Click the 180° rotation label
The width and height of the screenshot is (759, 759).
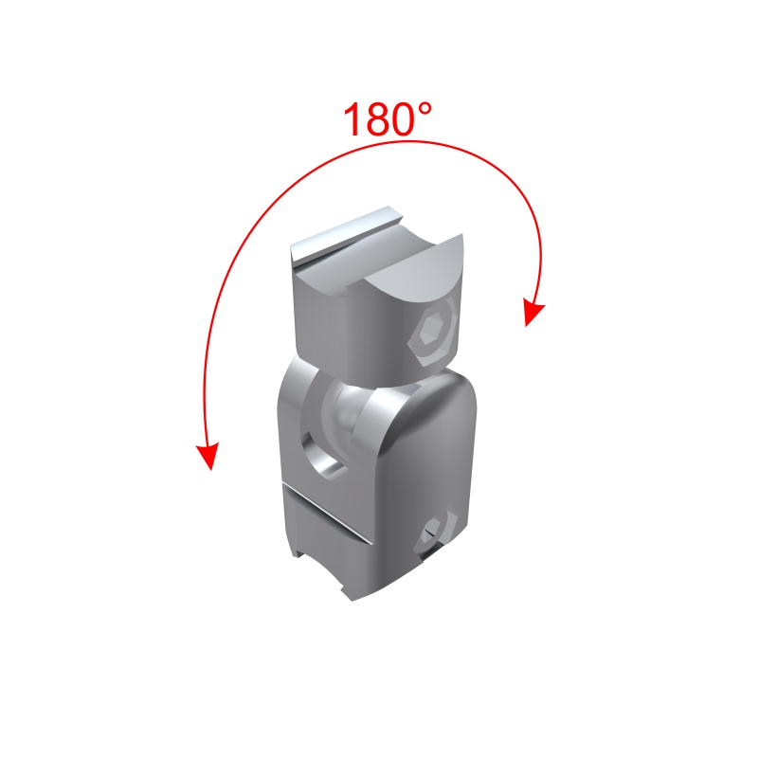(388, 119)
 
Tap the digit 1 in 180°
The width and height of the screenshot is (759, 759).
(352, 119)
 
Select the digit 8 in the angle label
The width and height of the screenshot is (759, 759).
(377, 119)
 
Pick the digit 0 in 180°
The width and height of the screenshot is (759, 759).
(404, 119)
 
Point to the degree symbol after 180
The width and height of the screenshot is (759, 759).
(424, 109)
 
